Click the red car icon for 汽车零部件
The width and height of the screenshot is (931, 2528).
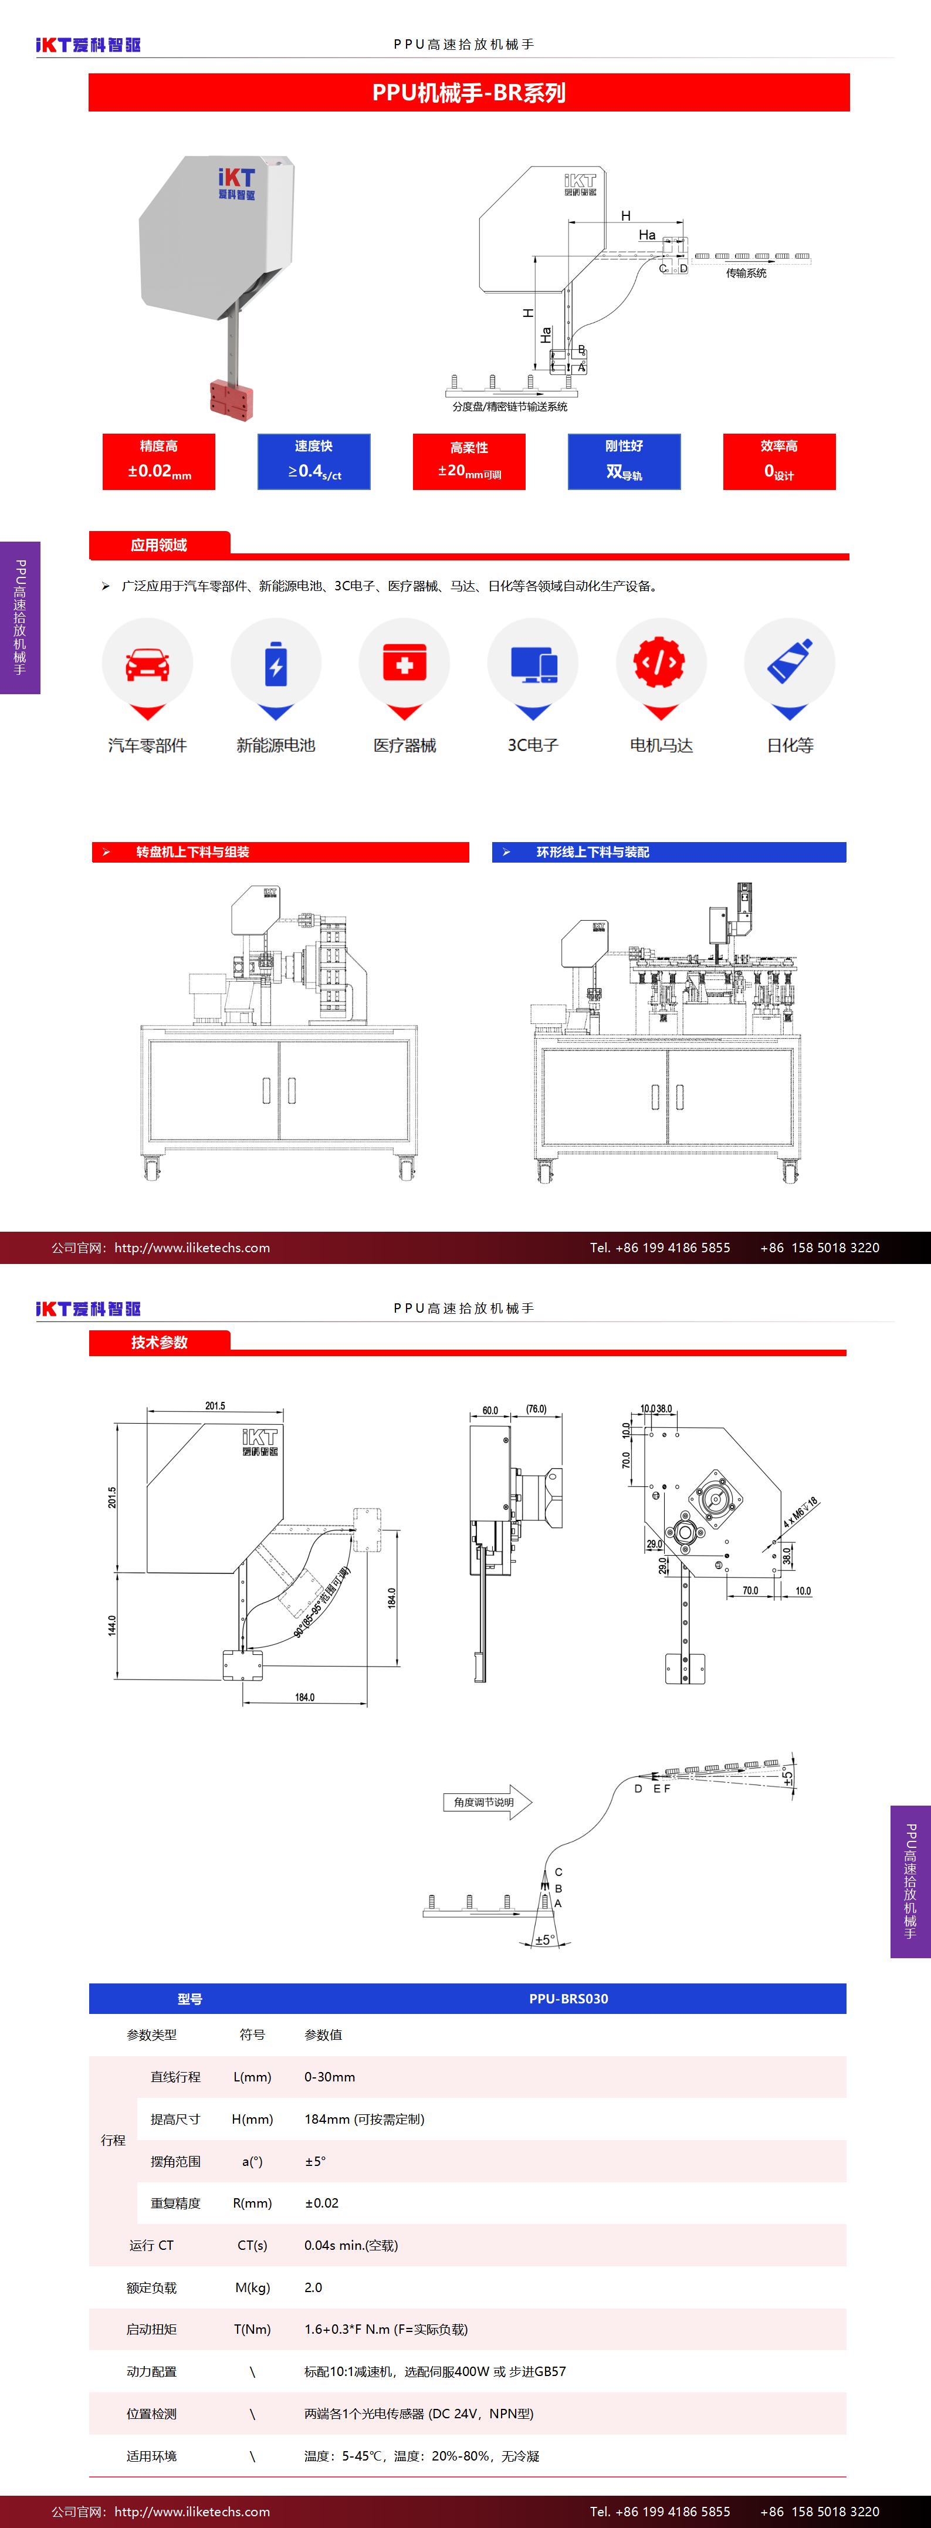[x=147, y=664]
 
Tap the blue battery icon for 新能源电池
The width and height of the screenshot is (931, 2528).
[x=276, y=664]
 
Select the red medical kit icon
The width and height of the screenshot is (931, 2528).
[x=404, y=664]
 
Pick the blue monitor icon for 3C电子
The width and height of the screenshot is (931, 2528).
[x=533, y=664]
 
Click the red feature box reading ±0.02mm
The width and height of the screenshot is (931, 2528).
[x=159, y=461]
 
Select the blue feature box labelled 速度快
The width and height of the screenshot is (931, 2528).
[x=314, y=461]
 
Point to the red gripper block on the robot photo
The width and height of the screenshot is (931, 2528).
[x=232, y=397]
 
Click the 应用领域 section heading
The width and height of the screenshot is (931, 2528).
[x=159, y=545]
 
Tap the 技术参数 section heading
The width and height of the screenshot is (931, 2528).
[x=159, y=1341]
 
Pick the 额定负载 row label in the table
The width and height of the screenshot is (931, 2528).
[x=151, y=2287]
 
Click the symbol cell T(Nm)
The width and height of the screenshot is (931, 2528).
[x=252, y=2329]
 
